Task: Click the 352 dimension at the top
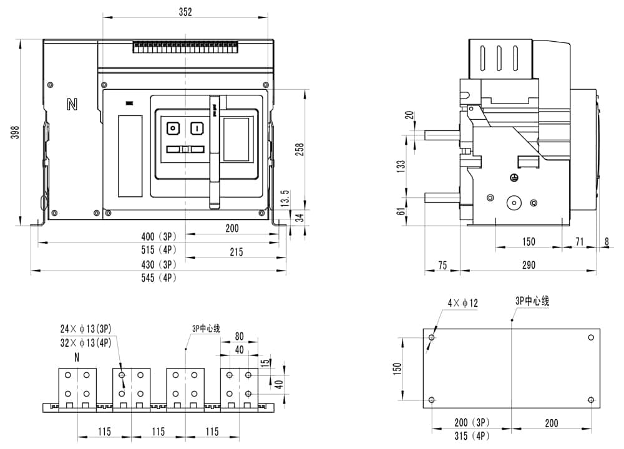(185, 11)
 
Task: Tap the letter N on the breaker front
(72, 104)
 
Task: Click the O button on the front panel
(172, 128)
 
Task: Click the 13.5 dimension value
(286, 198)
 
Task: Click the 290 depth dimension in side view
(528, 265)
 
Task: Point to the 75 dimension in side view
(442, 265)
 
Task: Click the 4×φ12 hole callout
(462, 303)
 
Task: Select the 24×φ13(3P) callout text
(86, 329)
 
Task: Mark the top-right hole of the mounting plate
(592, 337)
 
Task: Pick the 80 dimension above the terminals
(239, 337)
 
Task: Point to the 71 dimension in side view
(579, 241)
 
